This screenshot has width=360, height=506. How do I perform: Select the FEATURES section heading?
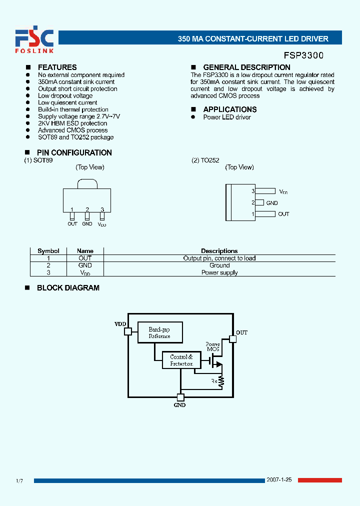57,67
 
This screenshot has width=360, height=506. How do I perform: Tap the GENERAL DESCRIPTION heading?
246,67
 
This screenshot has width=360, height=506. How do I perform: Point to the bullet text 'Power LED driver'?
227,117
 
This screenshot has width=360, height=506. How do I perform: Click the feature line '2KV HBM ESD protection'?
72,123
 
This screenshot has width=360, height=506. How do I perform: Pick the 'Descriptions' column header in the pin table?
219,251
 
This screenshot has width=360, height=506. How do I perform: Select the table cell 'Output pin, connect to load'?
219,258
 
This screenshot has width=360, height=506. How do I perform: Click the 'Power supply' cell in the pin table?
219,272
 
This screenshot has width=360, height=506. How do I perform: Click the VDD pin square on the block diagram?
128,331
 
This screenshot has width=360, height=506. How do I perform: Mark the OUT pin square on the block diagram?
232,338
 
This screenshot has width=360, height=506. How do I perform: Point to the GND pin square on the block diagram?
180,397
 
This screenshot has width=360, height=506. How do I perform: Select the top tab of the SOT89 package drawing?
87,183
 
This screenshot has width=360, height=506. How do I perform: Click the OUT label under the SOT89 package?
72,223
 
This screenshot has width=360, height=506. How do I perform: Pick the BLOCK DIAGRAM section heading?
68,288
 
